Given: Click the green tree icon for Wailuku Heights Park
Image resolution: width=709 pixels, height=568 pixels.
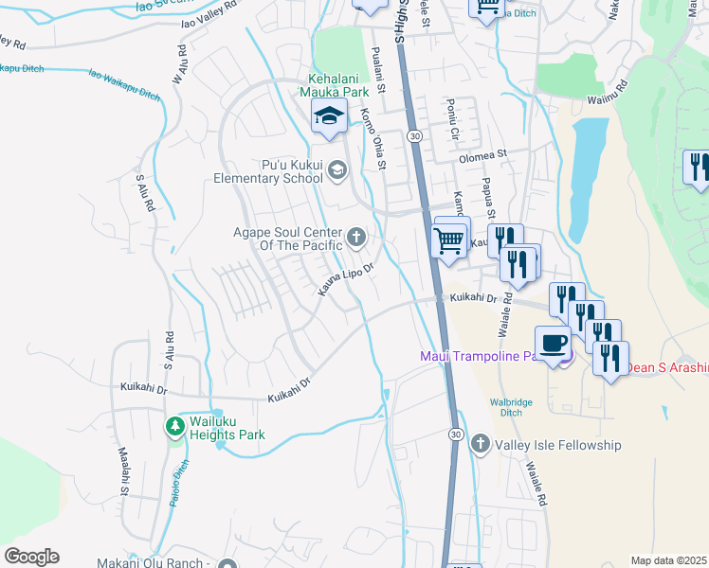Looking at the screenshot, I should coord(174,427).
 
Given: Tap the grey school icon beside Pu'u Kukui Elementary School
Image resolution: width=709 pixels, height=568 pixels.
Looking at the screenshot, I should coord(339,169).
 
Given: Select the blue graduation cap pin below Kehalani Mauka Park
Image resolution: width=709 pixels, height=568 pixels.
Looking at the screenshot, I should coord(328,117).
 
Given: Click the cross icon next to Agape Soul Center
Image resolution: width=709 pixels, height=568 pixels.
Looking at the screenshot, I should coord(356,237).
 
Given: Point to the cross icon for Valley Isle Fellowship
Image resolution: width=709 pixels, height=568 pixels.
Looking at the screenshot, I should coord(481,443).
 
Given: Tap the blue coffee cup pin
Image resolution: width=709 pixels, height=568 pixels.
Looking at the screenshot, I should coord(553,343).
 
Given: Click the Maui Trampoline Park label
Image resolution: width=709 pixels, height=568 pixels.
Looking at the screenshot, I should coord(479,356).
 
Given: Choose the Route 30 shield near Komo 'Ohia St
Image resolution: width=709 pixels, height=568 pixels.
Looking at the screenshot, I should coord(415,137).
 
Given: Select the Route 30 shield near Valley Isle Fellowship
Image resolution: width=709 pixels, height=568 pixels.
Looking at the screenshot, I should coord(456,434).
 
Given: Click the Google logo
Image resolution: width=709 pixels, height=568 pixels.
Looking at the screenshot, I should coord(31,557).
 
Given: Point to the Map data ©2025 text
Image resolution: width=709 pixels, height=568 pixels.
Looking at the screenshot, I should coord(668,560).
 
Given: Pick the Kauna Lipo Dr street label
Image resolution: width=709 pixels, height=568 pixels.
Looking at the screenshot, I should coord(346,282).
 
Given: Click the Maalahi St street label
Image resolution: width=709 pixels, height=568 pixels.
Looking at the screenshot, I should coord(123,472).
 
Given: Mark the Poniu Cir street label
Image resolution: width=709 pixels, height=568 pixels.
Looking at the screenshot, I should coord(452,123).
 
